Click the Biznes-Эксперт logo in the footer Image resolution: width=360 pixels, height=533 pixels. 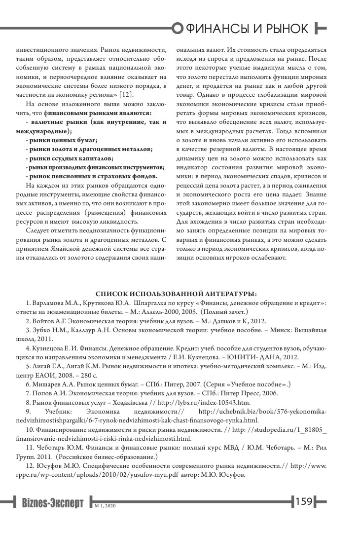[x=54, y=503]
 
